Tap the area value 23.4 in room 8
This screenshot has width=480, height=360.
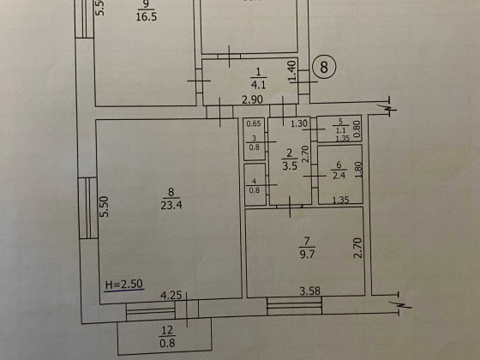click(167, 205)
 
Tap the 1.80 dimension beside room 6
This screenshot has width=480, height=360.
click(359, 170)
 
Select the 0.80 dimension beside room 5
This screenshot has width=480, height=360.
click(358, 129)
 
